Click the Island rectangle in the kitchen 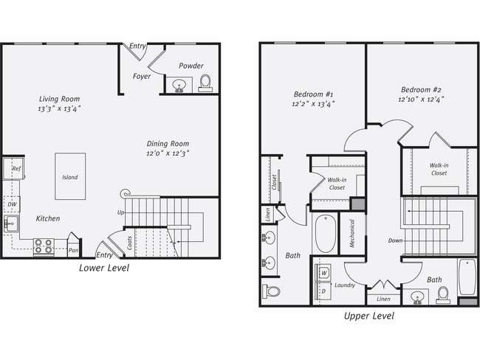70,177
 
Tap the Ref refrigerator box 15,170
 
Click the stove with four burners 43,246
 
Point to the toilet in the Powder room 205,81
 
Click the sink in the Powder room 178,86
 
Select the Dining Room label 168,144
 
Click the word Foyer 142,76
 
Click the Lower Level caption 103,269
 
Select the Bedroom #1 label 314,94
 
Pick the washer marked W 324,274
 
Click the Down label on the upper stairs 395,240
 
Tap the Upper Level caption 368,316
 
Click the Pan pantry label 74,250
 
